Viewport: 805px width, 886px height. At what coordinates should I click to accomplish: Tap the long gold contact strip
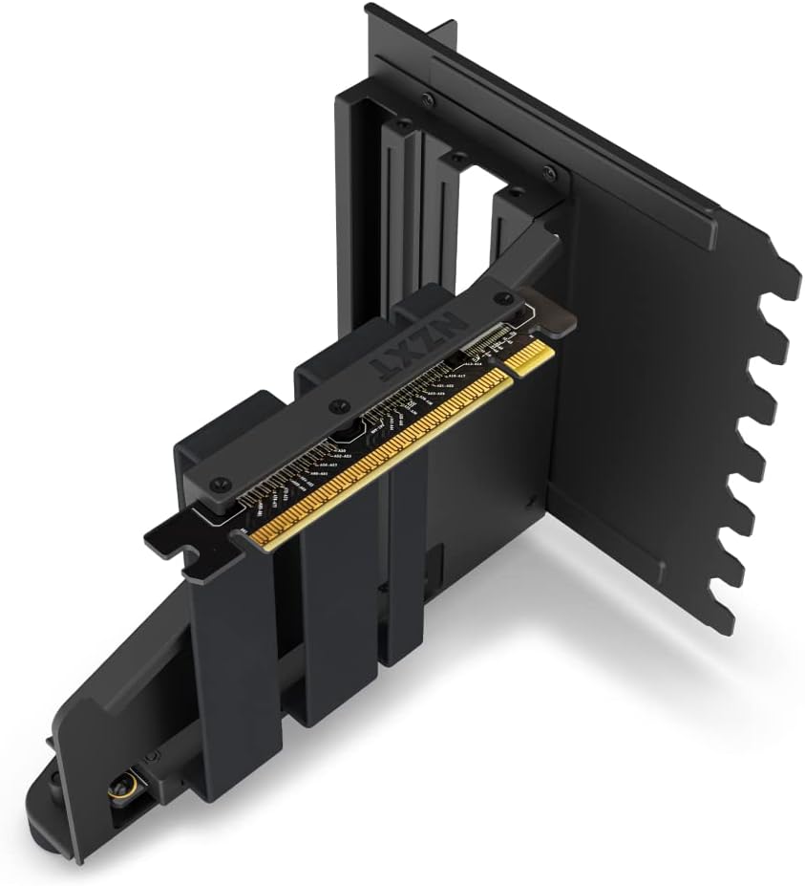coord(382,459)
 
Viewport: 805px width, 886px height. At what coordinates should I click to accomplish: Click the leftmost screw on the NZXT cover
coord(221,484)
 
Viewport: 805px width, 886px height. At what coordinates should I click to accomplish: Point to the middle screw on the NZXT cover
coord(335,406)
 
